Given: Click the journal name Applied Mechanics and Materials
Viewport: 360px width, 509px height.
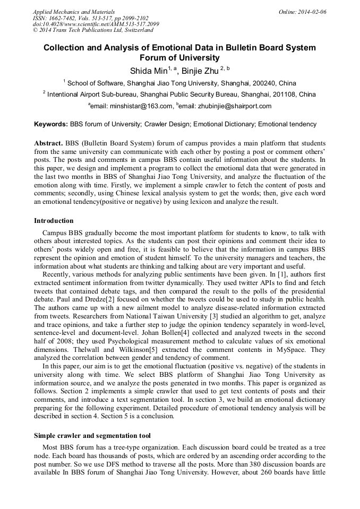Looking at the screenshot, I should coord(74,12).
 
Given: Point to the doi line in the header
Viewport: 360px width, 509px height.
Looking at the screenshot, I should coord(96,24).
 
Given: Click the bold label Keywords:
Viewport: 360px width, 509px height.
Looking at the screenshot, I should coord(51,124).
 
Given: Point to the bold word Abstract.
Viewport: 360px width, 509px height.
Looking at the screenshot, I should coord(49,143).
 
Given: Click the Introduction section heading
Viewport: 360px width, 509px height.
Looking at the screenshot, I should coord(54,221).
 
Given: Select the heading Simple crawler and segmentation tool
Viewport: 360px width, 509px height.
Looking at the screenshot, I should coord(92,435).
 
